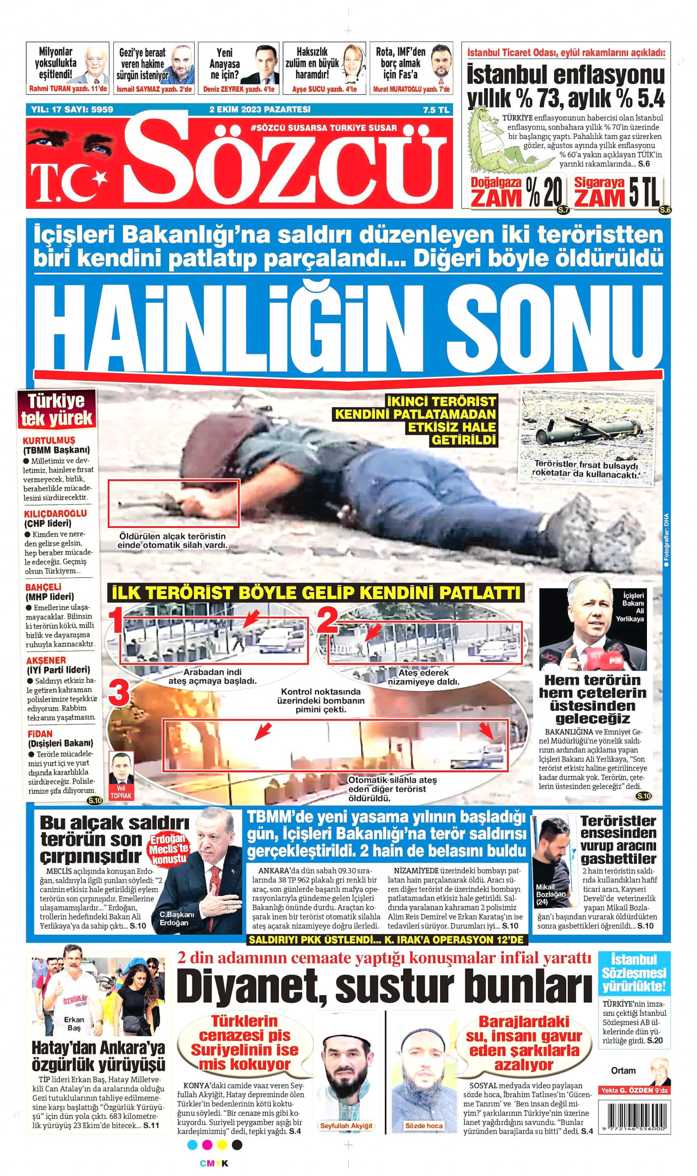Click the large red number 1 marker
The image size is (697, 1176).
click(x=115, y=621)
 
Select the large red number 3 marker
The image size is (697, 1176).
click(x=119, y=693)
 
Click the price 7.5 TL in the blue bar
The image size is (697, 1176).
click(x=436, y=109)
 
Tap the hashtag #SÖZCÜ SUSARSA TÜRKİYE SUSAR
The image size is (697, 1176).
click(x=323, y=128)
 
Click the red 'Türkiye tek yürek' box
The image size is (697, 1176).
click(x=57, y=409)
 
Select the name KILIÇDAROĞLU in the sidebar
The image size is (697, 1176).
click(x=55, y=513)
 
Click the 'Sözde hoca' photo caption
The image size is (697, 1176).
click(x=424, y=1126)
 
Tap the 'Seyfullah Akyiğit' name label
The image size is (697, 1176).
click(x=346, y=1126)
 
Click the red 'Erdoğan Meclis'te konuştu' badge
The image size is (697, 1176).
click(x=169, y=848)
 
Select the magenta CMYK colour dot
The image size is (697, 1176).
click(x=207, y=1144)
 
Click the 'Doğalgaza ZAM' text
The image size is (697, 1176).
click(x=496, y=192)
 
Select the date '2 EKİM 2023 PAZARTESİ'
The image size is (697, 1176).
click(x=260, y=109)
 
